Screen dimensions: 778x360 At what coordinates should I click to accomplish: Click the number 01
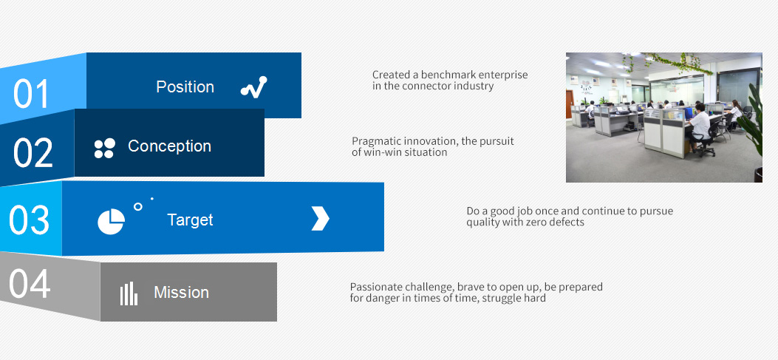tap(31, 93)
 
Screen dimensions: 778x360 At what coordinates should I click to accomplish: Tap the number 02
tap(33, 152)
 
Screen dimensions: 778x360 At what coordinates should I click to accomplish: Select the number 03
tap(30, 220)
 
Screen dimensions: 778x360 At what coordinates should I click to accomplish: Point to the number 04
tap(30, 284)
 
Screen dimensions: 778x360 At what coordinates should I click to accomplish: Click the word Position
tap(185, 87)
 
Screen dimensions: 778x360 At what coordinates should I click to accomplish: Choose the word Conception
tap(170, 146)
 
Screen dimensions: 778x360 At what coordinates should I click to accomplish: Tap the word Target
tap(190, 220)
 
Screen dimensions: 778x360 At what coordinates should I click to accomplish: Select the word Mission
tap(181, 292)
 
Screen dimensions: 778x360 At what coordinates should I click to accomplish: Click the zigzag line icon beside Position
tap(253, 87)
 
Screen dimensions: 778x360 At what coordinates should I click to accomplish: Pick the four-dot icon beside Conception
tap(105, 149)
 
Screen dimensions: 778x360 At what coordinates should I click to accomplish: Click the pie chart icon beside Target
tap(111, 222)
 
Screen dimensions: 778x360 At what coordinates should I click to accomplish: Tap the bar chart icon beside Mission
tap(129, 293)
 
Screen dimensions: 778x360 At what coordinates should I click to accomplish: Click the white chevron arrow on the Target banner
tap(320, 219)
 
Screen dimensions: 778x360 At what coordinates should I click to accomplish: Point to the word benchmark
tap(445, 75)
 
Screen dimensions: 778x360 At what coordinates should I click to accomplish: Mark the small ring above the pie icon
tap(138, 206)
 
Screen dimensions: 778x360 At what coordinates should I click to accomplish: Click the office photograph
tap(664, 118)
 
